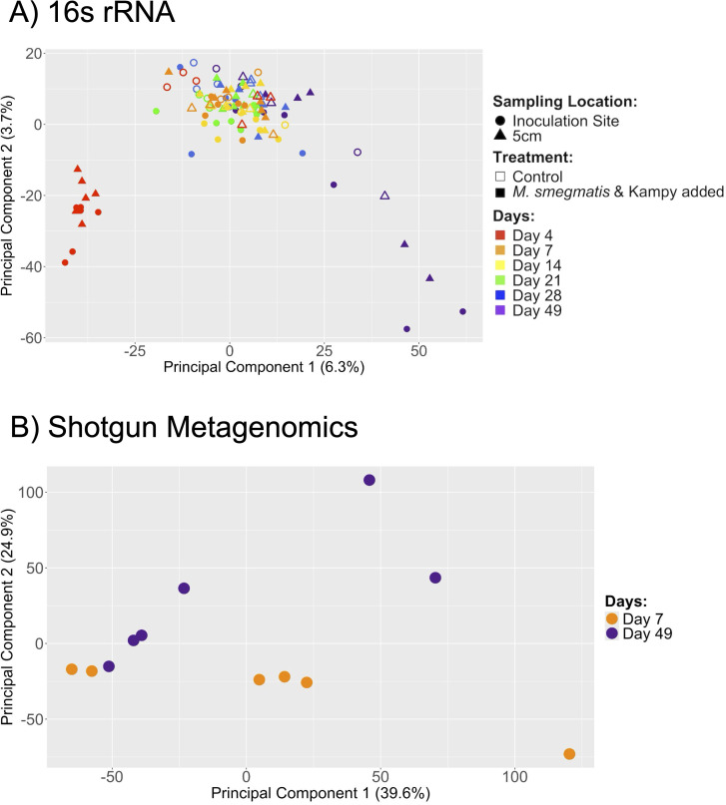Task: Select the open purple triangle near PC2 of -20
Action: point(384,196)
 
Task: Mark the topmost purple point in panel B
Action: point(369,480)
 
